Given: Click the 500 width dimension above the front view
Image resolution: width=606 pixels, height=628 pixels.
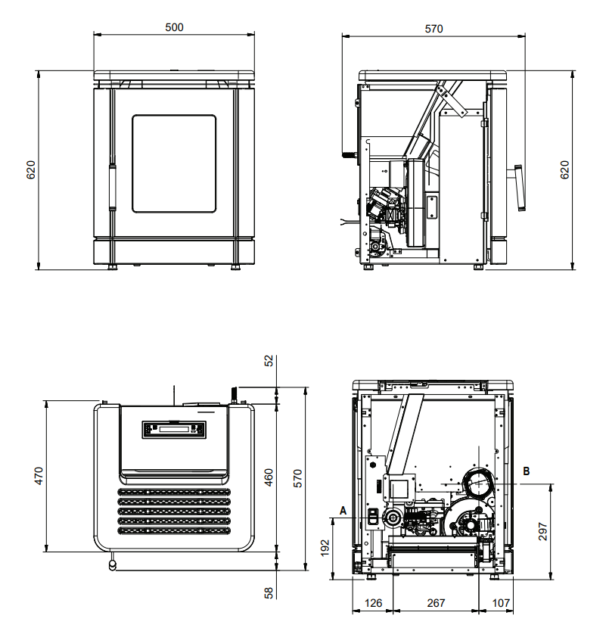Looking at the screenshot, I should (174, 27).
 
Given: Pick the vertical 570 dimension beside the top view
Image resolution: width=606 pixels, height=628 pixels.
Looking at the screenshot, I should (298, 477).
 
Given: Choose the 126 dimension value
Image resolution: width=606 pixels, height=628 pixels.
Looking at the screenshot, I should (373, 603).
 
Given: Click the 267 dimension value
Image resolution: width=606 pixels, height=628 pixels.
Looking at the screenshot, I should (436, 603).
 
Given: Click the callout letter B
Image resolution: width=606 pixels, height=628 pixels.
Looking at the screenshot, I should (527, 471).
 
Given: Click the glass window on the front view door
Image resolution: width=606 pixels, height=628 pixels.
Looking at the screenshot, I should (174, 163).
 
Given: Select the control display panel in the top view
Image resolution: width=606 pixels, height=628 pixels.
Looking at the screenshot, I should (174, 429).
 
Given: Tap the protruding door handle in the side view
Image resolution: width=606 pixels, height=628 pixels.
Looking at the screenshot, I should (520, 188).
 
